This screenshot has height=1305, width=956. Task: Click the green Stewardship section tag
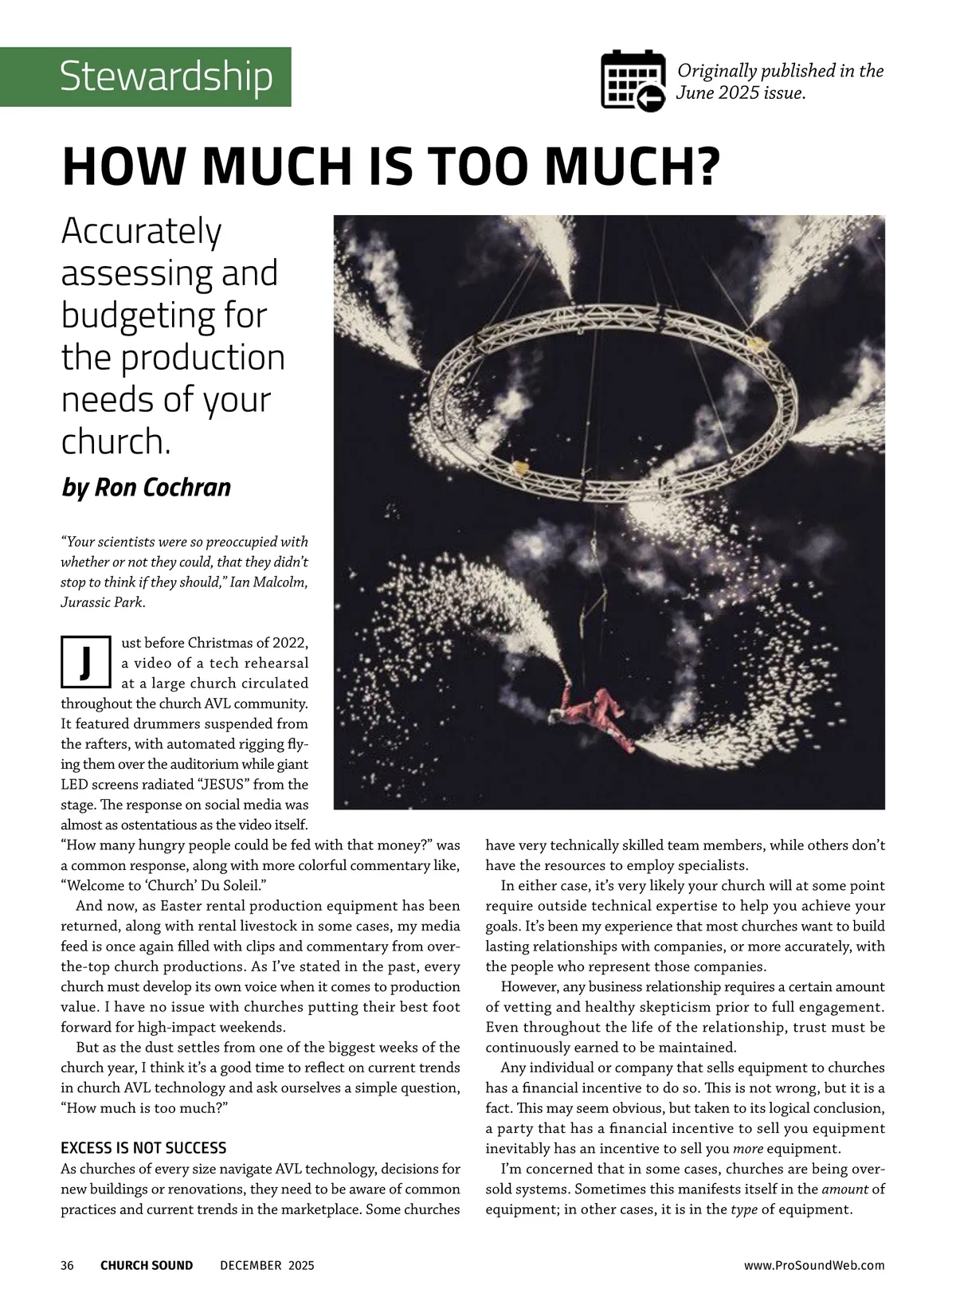165,77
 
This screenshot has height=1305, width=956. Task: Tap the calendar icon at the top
633,80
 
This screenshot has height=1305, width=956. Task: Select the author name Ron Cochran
163,488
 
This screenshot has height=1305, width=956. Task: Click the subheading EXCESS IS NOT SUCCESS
143,1148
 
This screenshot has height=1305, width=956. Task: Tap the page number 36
68,1265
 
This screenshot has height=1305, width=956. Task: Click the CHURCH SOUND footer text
147,1265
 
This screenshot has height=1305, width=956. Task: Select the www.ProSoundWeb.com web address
814,1265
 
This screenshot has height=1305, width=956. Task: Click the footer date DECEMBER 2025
267,1265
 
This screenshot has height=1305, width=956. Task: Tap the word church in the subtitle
115,441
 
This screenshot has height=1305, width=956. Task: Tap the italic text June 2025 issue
740,92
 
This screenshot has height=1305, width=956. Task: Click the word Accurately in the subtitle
142,233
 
